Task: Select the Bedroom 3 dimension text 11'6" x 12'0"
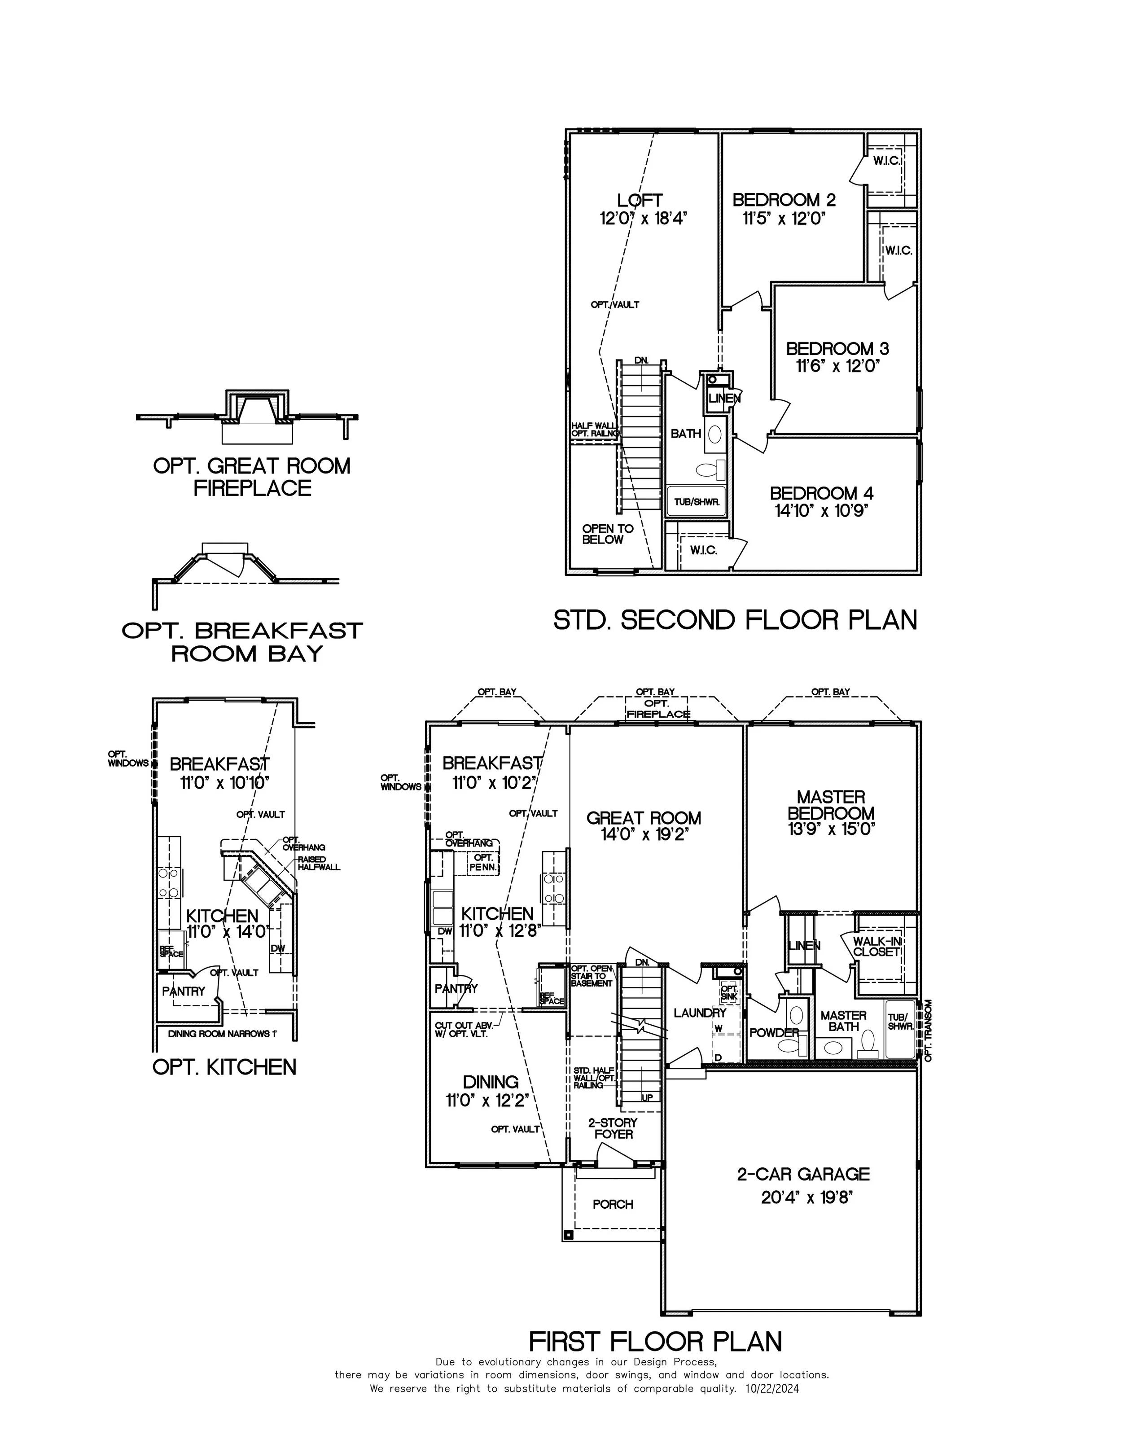point(837,366)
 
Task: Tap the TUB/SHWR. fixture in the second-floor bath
point(697,502)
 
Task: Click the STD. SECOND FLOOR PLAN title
point(735,620)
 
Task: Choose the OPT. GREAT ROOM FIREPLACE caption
point(252,477)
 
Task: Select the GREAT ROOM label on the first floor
point(644,818)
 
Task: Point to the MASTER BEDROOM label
point(831,805)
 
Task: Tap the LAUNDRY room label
point(699,1013)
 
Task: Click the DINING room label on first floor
point(491,1082)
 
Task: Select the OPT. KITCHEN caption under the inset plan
point(224,1067)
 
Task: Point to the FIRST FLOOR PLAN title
point(655,1342)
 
